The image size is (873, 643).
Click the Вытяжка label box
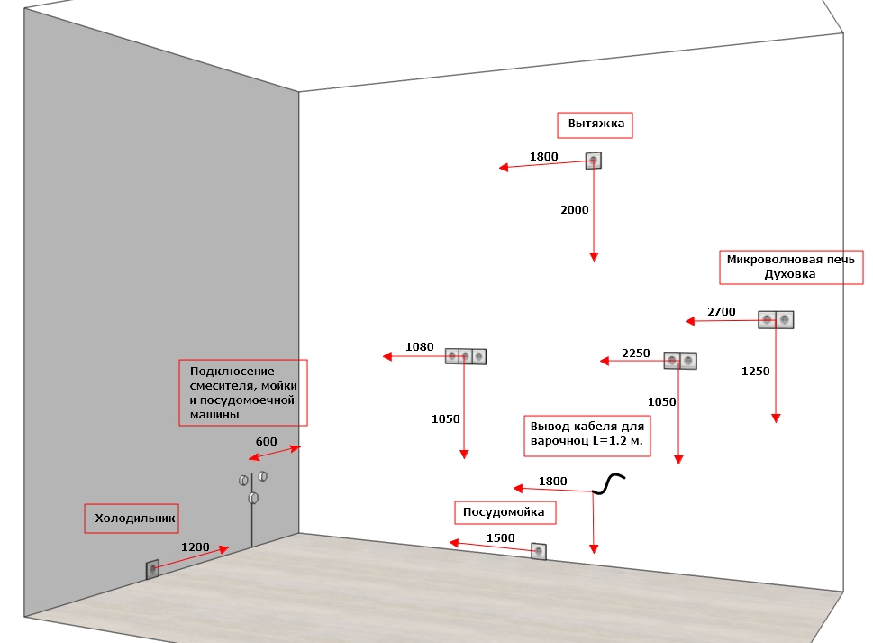coord(595,125)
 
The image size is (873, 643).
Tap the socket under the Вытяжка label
coord(594,161)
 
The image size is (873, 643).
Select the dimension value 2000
coord(575,210)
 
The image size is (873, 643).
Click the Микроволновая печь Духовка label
coord(791,268)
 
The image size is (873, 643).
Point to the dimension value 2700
coord(721,312)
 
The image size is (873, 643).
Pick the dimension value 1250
coord(756,372)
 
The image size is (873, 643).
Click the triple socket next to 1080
coord(466,356)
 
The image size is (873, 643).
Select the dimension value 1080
coord(419,347)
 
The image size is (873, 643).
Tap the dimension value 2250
coord(636,354)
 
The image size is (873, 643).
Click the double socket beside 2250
coord(680,361)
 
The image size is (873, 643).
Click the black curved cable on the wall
coord(608,483)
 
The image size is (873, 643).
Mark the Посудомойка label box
coord(505,512)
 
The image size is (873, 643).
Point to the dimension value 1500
coord(501,538)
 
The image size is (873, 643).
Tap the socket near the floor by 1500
coord(539,552)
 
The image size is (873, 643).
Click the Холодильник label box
coord(132,519)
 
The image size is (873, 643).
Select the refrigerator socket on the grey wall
coord(152,569)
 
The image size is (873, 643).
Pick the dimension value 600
coord(266,442)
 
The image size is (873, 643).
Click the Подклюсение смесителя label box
coord(242,393)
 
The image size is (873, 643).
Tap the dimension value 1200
coord(195,547)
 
